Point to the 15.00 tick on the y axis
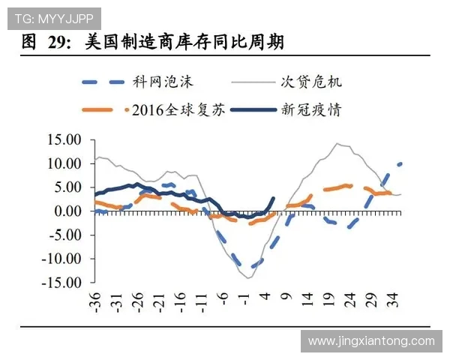[x=63, y=139]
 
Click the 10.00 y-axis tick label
[x=63, y=163]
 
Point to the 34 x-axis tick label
[x=394, y=302]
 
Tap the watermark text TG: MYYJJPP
[x=51, y=17]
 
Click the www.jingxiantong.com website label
[x=371, y=341]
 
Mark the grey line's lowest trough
[x=248, y=277]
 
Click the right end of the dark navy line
[x=273, y=199]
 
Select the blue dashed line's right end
[x=400, y=163]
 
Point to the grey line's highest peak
[x=338, y=144]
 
